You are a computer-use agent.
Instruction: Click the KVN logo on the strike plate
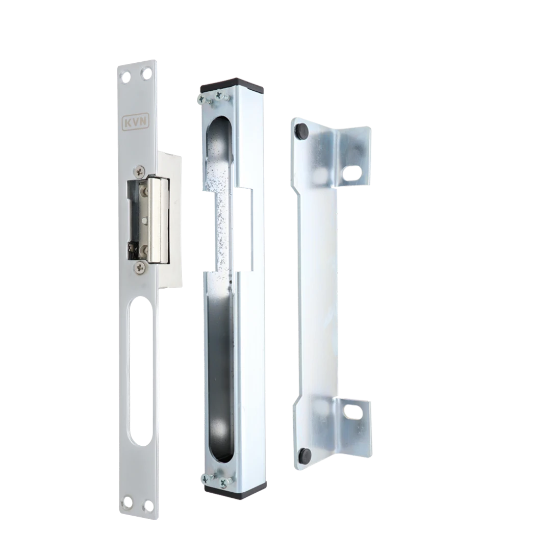136,122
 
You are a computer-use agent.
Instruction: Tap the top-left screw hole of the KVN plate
126,77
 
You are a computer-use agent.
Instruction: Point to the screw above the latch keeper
139,171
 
